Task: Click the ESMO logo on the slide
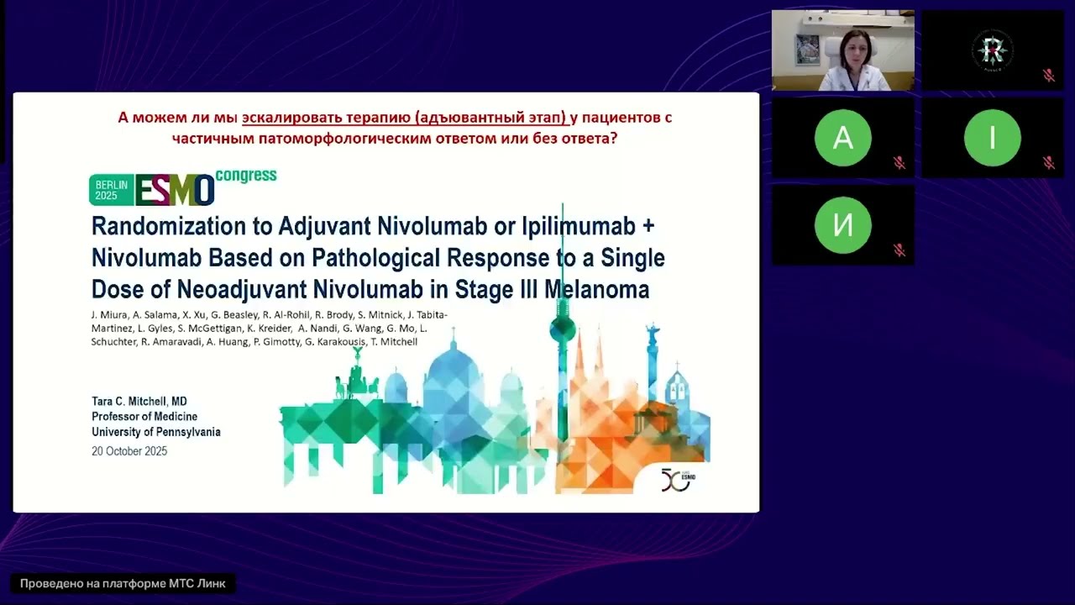click(175, 191)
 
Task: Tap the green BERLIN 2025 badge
click(112, 190)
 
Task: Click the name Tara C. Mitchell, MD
click(139, 402)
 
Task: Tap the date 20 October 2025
click(129, 451)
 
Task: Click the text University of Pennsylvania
click(155, 432)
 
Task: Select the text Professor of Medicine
click(144, 417)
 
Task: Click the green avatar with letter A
click(842, 138)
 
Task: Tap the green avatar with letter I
click(992, 138)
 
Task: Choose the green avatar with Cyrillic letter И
click(842, 225)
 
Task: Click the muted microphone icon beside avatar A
click(899, 163)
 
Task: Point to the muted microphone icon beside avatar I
click(1049, 163)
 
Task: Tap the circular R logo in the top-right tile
click(992, 50)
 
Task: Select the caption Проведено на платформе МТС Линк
click(123, 583)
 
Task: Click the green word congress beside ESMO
click(245, 176)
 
